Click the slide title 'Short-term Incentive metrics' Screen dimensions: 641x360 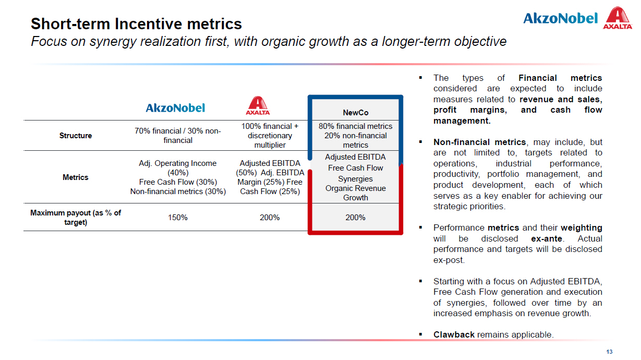point(136,24)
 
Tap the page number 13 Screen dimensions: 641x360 point(609,352)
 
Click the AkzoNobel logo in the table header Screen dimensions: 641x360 point(175,108)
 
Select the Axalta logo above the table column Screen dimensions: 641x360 point(258,105)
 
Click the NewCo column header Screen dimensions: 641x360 point(355,113)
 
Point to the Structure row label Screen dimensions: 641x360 point(76,135)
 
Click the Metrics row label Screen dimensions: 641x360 point(76,177)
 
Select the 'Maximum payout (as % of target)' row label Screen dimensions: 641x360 point(76,218)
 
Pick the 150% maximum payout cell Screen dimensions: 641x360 point(178,218)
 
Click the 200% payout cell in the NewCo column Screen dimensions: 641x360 point(355,218)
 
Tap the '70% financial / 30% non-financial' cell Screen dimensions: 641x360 point(178,135)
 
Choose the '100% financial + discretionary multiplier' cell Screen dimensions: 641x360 point(270,135)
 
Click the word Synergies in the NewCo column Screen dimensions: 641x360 point(355,179)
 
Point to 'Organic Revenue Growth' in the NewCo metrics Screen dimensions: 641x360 point(355,193)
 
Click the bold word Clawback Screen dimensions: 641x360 point(454,334)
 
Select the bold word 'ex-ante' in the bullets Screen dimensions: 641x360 point(547,238)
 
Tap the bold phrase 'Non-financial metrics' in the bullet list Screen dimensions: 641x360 point(480,142)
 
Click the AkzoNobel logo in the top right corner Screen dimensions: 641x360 point(561,18)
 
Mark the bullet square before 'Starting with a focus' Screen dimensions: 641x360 point(420,281)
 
